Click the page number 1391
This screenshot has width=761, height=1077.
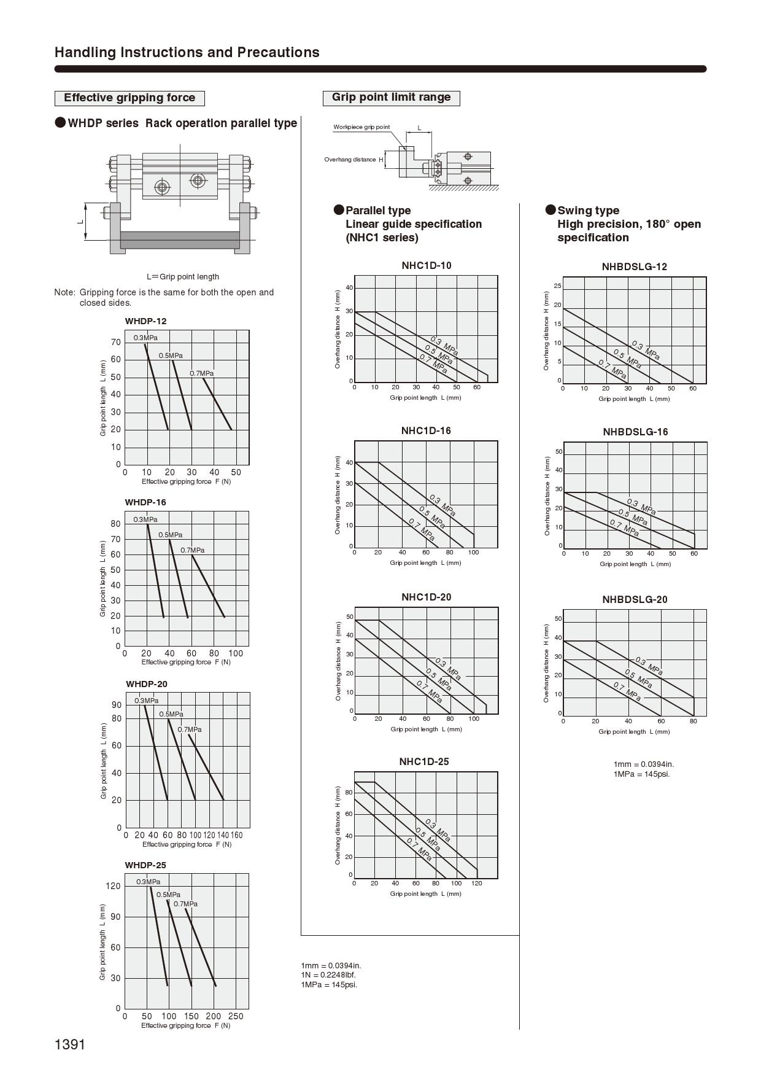69,1044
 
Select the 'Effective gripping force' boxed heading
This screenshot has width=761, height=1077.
129,98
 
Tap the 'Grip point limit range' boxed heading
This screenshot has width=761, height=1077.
391,97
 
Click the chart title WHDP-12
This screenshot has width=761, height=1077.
145,321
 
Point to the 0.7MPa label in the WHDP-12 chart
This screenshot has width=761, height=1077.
201,373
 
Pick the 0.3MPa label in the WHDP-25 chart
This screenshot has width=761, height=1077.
148,882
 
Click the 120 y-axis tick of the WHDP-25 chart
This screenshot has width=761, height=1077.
114,886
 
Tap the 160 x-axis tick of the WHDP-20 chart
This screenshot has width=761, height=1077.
236,835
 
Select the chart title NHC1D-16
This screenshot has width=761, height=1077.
426,430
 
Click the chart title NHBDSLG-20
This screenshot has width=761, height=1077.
635,599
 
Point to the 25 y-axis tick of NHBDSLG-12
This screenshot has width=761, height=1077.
557,286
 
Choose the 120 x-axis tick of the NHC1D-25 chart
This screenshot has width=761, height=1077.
477,884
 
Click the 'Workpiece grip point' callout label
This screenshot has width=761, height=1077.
361,127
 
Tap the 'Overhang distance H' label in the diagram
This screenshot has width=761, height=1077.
353,160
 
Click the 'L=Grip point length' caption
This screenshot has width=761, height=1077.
183,277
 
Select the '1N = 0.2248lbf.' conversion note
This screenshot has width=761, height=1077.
328,974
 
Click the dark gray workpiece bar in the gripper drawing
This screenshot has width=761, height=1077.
180,239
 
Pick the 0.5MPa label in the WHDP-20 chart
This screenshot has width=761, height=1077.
171,714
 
